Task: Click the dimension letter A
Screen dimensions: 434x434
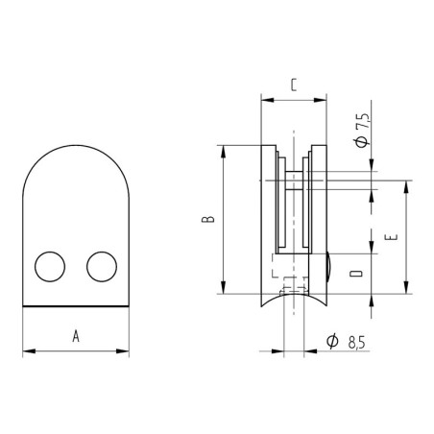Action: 75,335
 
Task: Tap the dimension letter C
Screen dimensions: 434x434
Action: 292,84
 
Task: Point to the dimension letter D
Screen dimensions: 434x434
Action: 355,277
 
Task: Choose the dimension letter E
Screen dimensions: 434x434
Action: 389,234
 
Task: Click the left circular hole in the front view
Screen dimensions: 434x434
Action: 49,266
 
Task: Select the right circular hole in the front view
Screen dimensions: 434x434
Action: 101,266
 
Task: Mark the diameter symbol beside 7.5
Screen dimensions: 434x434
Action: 362,143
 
